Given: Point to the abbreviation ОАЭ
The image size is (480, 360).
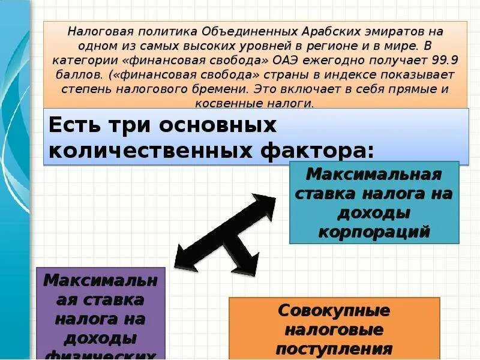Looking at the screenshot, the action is (290, 60).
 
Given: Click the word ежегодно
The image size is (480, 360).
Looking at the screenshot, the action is (339, 60).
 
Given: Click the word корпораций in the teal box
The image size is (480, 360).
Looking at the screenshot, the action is (374, 232).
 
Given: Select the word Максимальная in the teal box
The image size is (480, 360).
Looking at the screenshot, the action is (374, 175).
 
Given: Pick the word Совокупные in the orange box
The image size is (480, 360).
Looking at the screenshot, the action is (334, 311).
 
